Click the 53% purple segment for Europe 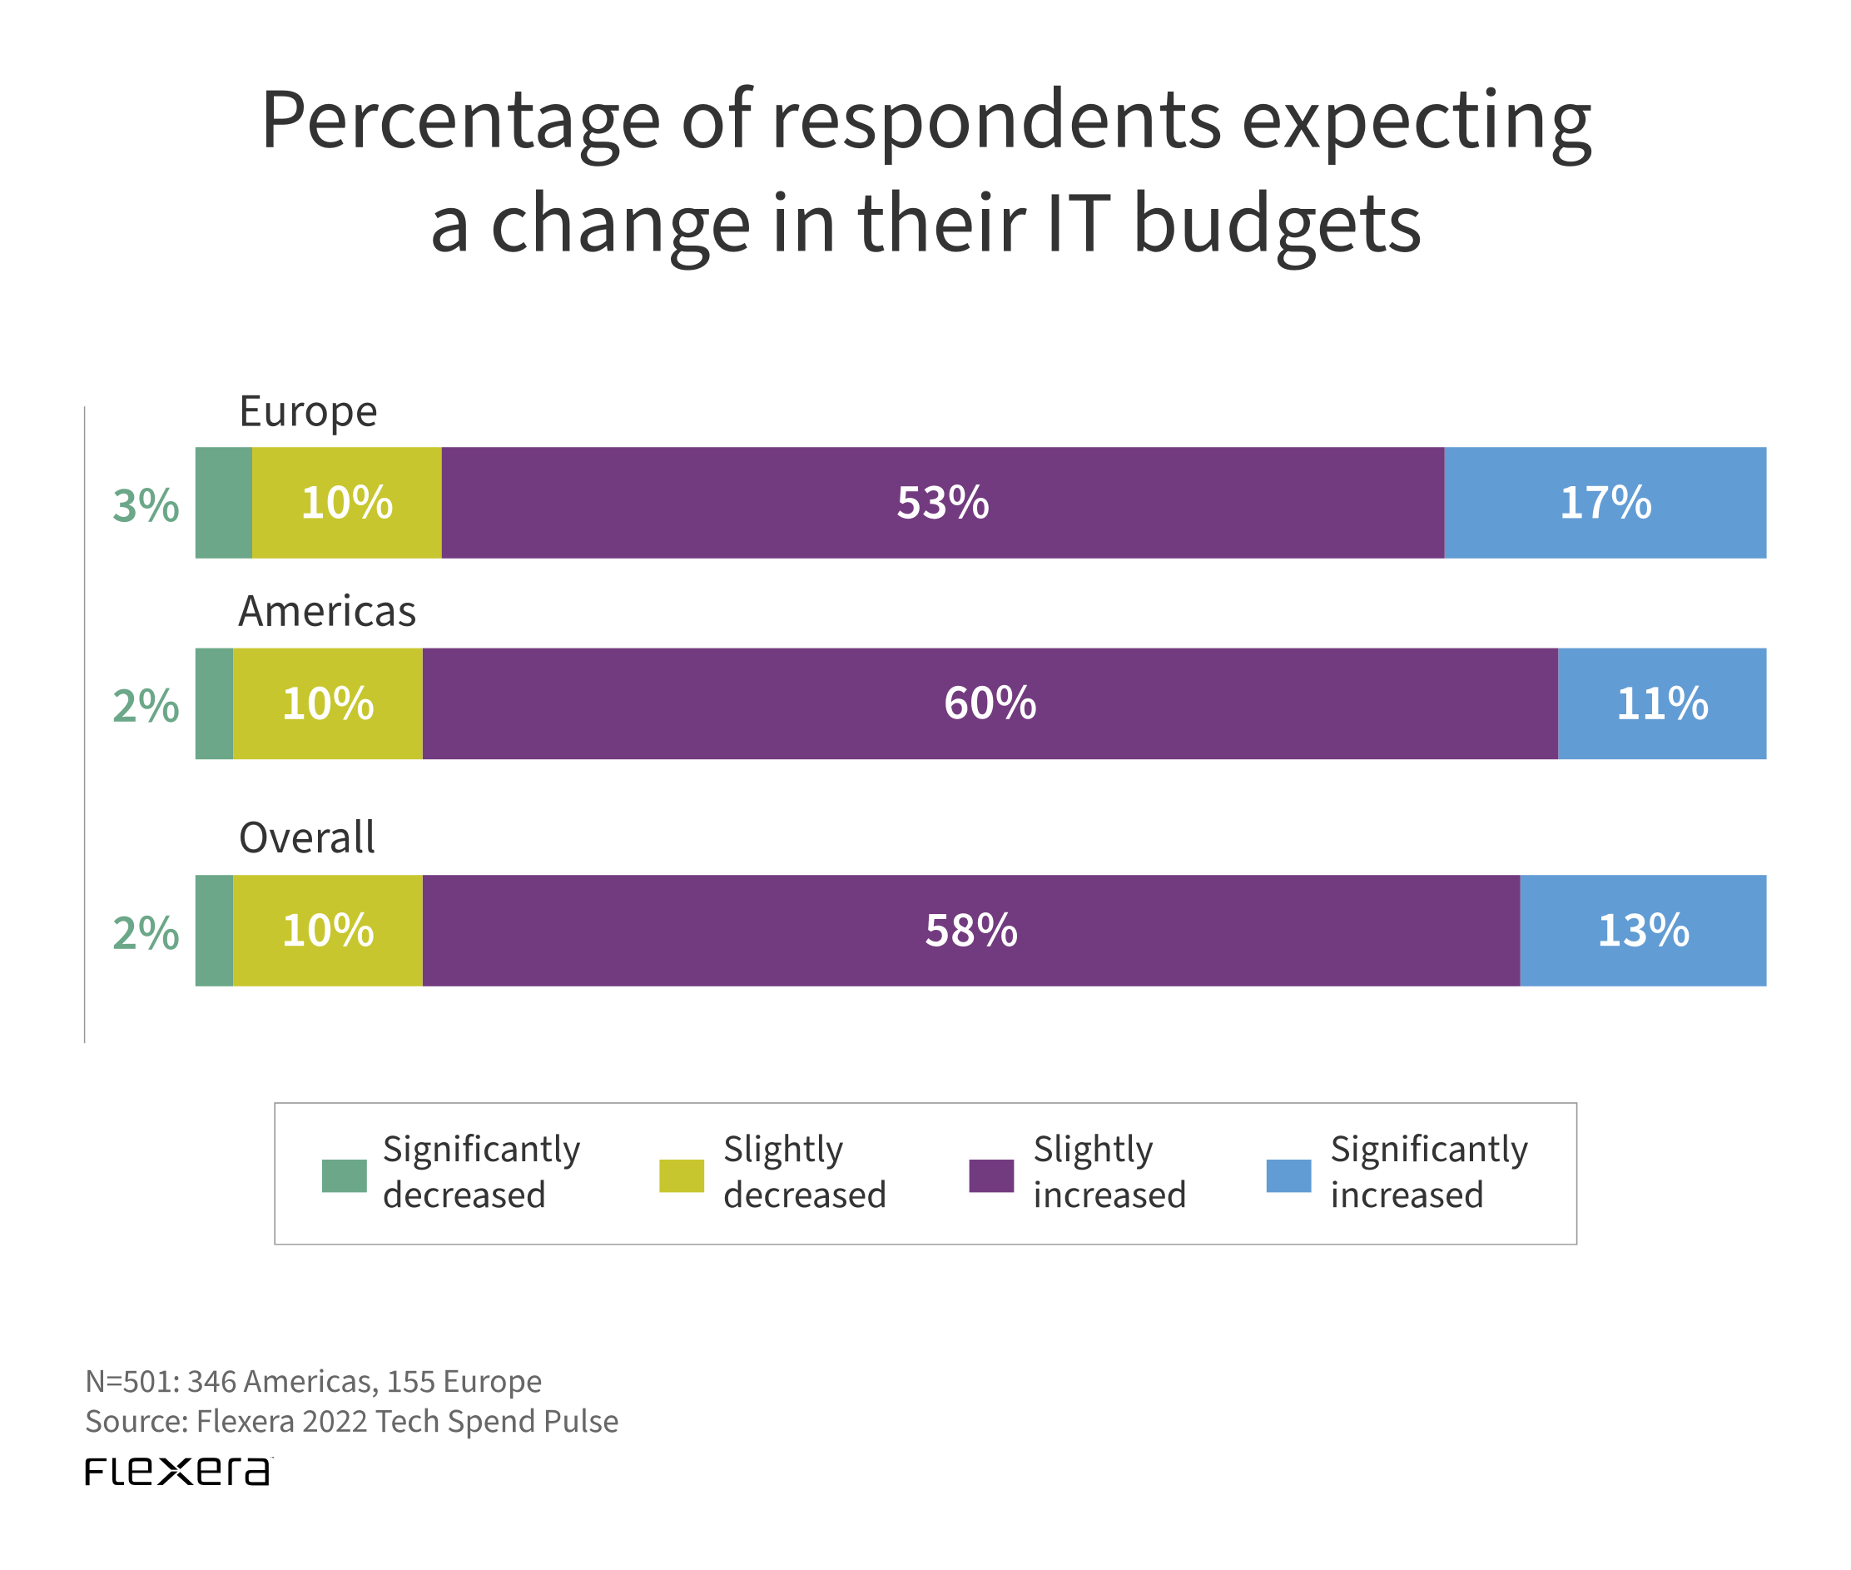click(x=941, y=503)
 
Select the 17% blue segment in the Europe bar click(x=1604, y=503)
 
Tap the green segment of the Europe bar click(x=223, y=503)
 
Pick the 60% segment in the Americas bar click(x=989, y=703)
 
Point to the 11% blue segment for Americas click(x=1660, y=703)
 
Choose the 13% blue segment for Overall click(x=1642, y=930)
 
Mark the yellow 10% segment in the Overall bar click(x=327, y=930)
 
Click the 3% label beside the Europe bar click(x=146, y=505)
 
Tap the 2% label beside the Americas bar click(x=146, y=706)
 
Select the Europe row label click(x=308, y=412)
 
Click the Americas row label click(x=326, y=612)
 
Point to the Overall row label click(x=307, y=838)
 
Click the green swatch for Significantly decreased click(x=345, y=1175)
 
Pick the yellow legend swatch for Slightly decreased click(x=681, y=1175)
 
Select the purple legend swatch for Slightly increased click(x=990, y=1175)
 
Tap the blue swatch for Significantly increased click(x=1288, y=1175)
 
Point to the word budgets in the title click(x=1276, y=224)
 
